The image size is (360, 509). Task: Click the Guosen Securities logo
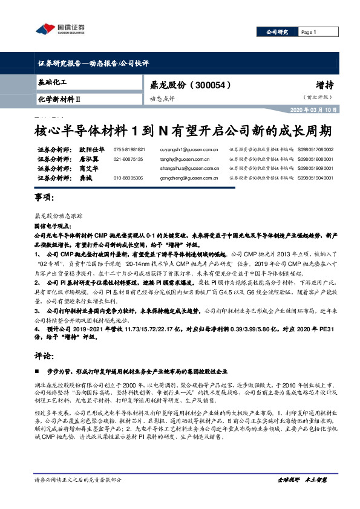tap(61, 28)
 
